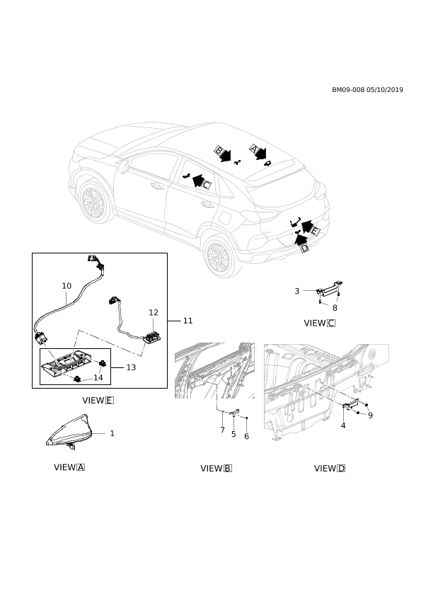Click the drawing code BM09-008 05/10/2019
367,90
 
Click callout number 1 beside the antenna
112,433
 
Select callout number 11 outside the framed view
188,321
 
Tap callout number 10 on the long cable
67,286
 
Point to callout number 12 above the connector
154,312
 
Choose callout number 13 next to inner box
131,367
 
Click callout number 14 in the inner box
98,378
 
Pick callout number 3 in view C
297,291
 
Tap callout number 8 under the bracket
335,308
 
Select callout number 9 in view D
371,416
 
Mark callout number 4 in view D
343,425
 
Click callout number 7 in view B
223,430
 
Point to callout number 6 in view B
247,436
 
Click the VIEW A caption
69,467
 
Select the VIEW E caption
98,400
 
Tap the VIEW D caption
330,469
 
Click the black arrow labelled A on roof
259,152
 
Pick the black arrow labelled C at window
200,181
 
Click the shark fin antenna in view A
69,432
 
